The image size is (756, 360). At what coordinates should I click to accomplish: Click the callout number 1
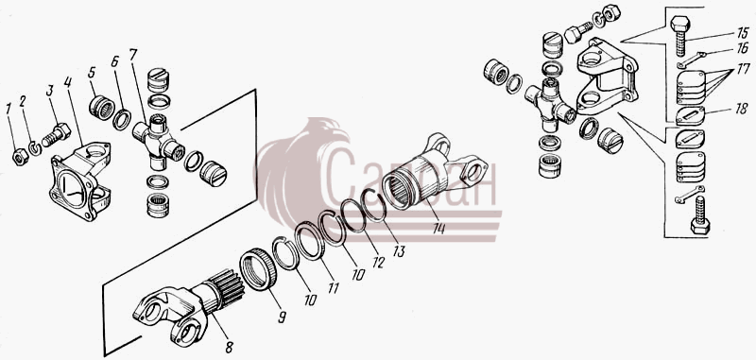[9, 110]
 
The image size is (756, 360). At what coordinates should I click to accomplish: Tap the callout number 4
[67, 82]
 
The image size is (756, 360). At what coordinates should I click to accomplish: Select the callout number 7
[133, 56]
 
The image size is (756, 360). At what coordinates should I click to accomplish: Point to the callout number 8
[229, 347]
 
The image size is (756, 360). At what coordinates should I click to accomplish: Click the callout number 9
[282, 317]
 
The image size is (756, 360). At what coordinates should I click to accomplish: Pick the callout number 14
[438, 228]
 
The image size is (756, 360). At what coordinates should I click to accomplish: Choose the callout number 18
[741, 110]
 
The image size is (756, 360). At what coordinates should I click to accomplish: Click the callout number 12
[378, 262]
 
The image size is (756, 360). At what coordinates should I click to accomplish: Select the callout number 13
[399, 251]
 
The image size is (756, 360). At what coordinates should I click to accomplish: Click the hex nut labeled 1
[20, 157]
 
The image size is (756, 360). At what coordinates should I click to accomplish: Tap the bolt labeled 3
[56, 135]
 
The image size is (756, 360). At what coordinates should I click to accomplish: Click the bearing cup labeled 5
[102, 108]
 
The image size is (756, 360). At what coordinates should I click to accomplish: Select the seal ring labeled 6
[122, 120]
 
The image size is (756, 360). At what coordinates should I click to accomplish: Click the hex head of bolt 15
[680, 24]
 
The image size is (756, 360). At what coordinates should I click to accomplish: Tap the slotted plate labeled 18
[690, 116]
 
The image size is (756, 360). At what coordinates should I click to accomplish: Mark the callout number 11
[334, 287]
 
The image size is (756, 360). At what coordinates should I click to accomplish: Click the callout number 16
[741, 48]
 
